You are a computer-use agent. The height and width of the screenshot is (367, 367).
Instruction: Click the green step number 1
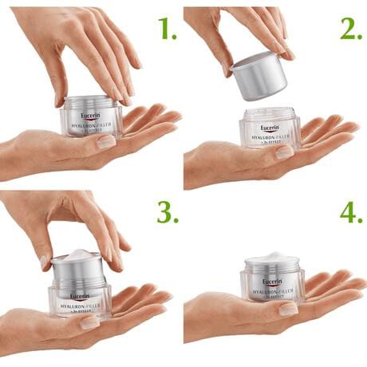(x=167, y=30)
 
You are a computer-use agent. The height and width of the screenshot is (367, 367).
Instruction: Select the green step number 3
(x=167, y=213)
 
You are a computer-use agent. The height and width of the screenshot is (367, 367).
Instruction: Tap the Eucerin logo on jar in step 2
(x=270, y=128)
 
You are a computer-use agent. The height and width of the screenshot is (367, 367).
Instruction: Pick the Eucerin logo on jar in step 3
(x=79, y=296)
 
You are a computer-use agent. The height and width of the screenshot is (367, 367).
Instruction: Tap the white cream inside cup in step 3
(x=78, y=256)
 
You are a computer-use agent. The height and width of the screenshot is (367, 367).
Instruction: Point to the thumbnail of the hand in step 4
(x=287, y=308)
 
